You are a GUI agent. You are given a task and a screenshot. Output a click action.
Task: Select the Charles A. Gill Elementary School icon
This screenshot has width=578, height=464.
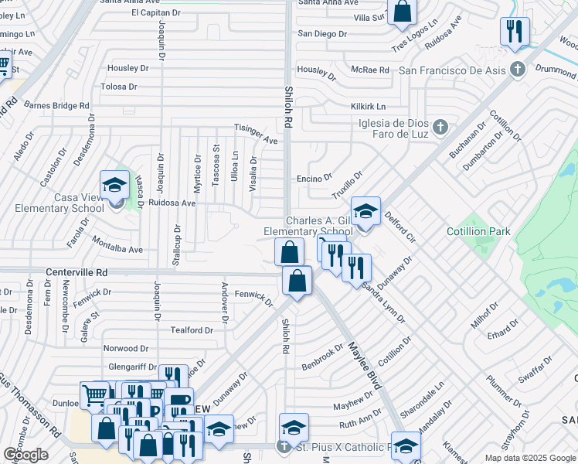(x=365, y=211)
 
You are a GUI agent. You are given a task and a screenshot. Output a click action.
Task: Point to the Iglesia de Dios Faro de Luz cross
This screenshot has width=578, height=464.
(x=440, y=126)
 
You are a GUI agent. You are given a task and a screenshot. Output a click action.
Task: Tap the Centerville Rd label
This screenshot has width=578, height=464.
(x=76, y=273)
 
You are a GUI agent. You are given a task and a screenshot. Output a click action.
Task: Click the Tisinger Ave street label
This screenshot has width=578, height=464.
(x=256, y=135)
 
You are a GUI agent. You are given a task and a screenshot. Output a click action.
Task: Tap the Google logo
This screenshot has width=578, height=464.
(x=25, y=454)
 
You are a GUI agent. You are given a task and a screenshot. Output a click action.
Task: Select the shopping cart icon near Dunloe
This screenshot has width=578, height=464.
(x=94, y=395)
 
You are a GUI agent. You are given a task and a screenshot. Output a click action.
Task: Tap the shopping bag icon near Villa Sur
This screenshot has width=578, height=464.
(x=402, y=12)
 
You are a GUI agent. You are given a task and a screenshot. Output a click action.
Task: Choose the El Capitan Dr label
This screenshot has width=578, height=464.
(x=155, y=12)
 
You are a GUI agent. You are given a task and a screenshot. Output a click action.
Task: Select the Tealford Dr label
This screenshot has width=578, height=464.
(x=192, y=330)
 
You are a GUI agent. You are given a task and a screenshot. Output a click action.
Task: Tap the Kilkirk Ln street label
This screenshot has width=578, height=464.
(x=368, y=106)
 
